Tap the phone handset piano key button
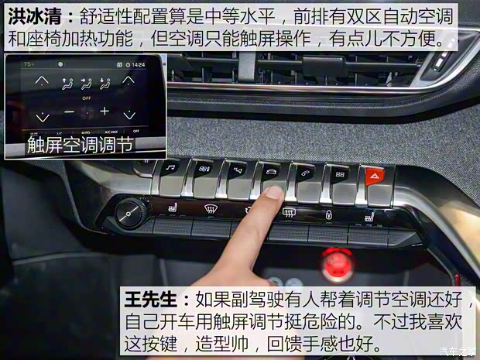pos(305,173)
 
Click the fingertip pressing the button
pos(273,196)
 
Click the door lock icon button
pos(328,214)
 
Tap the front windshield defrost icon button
pos(209,207)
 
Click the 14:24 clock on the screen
pos(139,65)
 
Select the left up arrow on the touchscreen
pos(43,80)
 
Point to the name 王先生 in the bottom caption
pos(154,299)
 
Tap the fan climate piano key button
pos(204,169)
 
